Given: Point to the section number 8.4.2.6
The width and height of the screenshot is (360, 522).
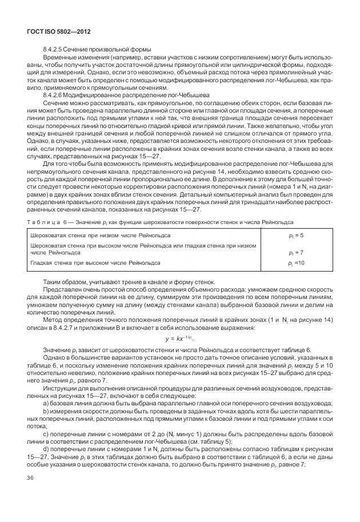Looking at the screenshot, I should [54, 94].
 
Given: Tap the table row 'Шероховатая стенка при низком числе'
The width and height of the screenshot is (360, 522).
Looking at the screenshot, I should [99, 236].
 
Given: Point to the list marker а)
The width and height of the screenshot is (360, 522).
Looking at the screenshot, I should [46, 404].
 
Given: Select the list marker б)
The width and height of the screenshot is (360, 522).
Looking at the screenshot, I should [46, 412].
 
